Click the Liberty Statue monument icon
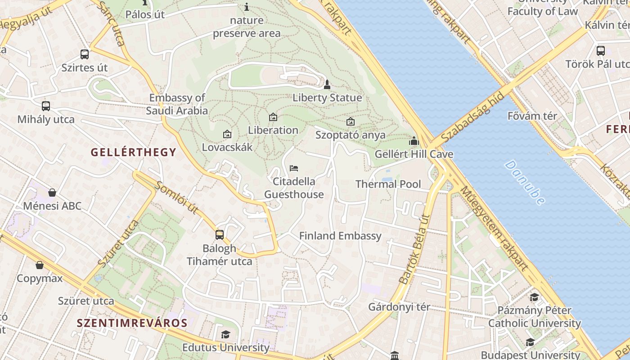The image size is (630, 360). (x=327, y=84)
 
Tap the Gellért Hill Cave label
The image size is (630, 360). (x=414, y=154)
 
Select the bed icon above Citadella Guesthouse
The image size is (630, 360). (x=294, y=168)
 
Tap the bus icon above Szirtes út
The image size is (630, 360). (x=85, y=54)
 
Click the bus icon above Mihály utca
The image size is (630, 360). (x=46, y=106)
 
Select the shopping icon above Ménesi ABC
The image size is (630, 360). (x=52, y=193)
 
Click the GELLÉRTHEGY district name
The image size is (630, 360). (x=134, y=152)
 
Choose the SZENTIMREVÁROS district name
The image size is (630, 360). (x=132, y=323)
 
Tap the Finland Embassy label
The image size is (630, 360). (x=340, y=236)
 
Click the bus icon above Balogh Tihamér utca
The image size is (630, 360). (x=219, y=234)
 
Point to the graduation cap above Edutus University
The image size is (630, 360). (x=225, y=334)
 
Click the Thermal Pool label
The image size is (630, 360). (x=388, y=184)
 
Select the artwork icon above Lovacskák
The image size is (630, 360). (x=227, y=134)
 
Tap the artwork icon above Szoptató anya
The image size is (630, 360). (x=350, y=121)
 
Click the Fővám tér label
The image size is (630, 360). (x=532, y=116)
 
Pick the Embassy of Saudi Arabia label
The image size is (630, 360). (x=177, y=104)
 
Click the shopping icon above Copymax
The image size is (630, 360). (x=40, y=265)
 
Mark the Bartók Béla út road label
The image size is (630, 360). (x=414, y=249)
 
